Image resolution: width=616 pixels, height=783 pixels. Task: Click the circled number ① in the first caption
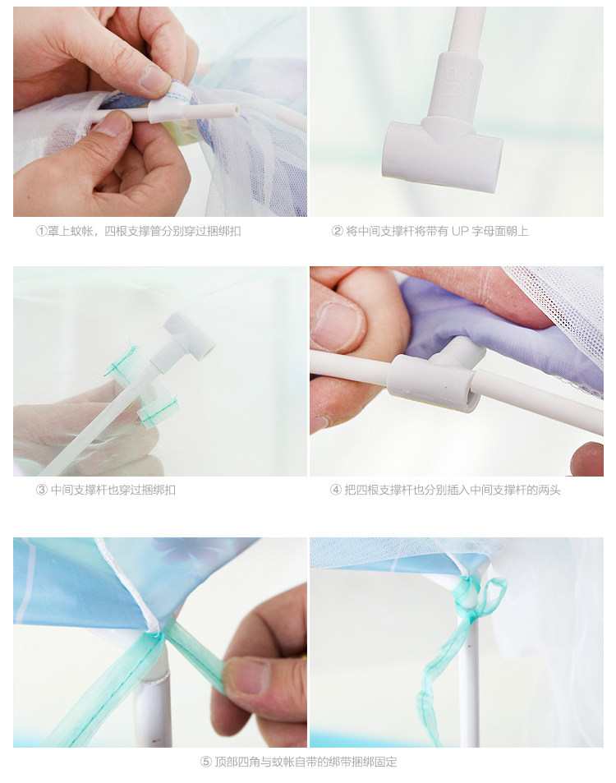point(41,231)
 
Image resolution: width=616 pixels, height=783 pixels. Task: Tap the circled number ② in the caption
point(338,231)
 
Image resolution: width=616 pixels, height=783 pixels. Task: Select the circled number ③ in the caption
point(41,490)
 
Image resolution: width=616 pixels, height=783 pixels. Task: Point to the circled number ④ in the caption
point(335,490)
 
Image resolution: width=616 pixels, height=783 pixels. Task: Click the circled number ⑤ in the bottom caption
point(206,762)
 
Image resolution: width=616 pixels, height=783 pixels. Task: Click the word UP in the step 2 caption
point(460,231)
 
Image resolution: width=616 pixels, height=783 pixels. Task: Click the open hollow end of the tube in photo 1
point(233,109)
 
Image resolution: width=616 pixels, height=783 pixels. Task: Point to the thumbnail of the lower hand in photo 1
point(112,124)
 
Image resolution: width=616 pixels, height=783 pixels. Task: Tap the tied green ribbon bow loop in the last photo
point(492,596)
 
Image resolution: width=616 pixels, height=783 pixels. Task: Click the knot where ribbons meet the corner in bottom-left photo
point(156,634)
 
